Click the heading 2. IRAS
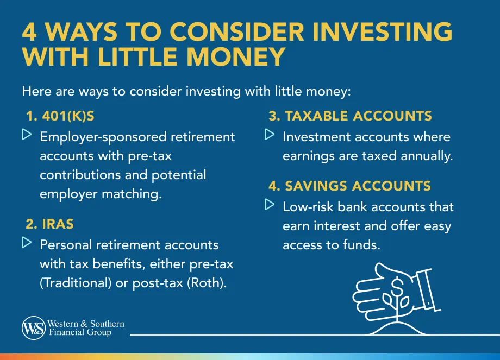(x=50, y=224)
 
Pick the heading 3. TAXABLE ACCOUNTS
(x=351, y=116)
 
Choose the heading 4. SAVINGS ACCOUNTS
(x=349, y=186)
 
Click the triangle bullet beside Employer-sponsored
(x=27, y=134)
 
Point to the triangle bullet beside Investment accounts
(x=270, y=134)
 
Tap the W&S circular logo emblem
(x=34, y=328)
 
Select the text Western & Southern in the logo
(x=86, y=324)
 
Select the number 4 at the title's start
(x=30, y=33)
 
